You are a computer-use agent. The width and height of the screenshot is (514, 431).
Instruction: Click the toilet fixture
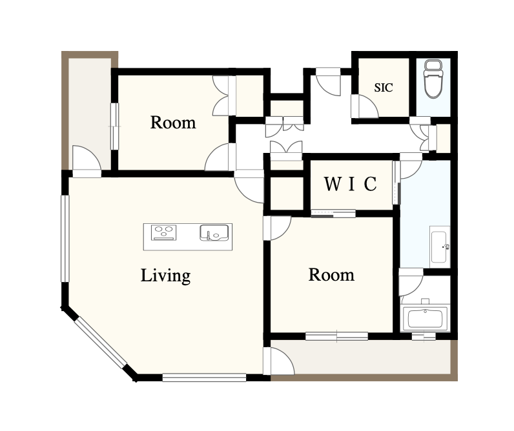[433, 79]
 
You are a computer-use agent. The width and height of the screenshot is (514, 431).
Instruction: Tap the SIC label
[384, 88]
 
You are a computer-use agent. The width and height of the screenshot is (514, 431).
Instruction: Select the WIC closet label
[351, 184]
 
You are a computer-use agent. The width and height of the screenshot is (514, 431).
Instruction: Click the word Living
[165, 276]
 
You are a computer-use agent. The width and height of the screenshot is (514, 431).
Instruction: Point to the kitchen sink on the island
[214, 232]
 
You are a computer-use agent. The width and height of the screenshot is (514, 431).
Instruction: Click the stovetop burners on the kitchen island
[163, 232]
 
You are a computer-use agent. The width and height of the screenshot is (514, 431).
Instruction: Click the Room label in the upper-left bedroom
[173, 123]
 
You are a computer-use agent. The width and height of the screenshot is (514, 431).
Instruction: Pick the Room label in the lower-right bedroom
[331, 275]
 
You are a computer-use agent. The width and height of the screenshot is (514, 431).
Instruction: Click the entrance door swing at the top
[329, 82]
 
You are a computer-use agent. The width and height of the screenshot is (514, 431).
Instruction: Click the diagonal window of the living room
[101, 343]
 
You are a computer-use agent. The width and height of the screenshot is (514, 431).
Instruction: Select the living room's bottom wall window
[204, 377]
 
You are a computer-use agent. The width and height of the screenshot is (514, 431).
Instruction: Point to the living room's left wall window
[66, 239]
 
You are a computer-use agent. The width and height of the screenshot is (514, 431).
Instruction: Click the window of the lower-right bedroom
[336, 336]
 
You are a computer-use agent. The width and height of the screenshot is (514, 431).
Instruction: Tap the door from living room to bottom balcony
[278, 361]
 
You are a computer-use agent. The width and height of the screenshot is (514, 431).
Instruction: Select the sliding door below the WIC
[333, 214]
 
